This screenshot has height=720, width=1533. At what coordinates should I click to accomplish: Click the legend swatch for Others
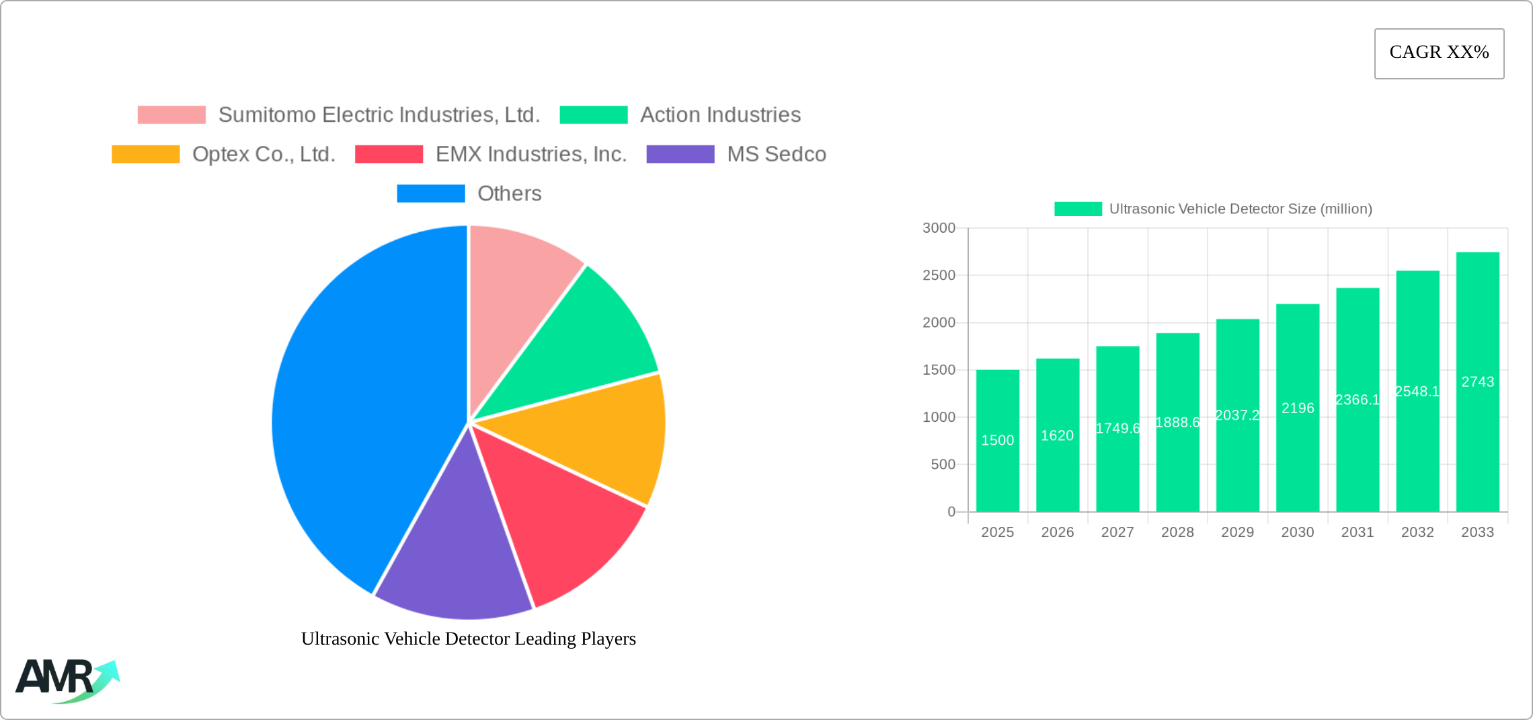point(430,194)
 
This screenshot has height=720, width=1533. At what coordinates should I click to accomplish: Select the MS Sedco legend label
point(777,154)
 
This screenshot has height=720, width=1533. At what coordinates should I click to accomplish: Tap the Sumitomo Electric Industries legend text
point(379,115)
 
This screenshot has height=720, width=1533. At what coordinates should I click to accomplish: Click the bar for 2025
point(997,471)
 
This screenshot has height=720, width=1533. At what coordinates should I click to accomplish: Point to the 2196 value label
point(1298,408)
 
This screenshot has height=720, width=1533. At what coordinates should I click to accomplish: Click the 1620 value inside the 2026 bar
point(1057,436)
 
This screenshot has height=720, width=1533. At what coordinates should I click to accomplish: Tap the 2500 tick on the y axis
point(939,275)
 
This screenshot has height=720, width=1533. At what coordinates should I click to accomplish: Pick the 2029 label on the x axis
point(1237,532)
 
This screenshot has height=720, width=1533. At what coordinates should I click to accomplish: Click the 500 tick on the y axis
point(943,464)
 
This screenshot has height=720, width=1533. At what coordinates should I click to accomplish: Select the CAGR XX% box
point(1439,53)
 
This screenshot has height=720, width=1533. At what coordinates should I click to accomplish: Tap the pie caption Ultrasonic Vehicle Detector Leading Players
point(468,639)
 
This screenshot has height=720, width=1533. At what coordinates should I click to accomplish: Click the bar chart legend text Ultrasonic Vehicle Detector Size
point(1240,209)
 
